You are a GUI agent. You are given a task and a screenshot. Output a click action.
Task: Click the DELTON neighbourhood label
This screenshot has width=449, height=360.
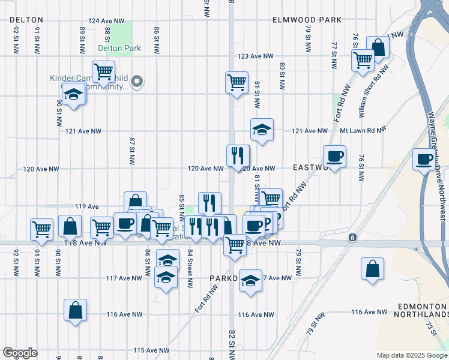[x=25, y=20]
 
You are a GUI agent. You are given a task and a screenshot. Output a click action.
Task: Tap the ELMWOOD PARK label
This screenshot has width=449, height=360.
[x=307, y=20]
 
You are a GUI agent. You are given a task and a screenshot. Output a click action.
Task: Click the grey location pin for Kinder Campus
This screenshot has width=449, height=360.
[x=137, y=82]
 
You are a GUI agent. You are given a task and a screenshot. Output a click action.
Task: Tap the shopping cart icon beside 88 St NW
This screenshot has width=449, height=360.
[x=104, y=71]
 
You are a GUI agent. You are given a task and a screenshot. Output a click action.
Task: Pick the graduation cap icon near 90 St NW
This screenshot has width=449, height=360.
[x=73, y=94]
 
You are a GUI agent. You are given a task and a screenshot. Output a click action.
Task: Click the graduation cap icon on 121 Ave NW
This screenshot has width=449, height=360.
[x=262, y=130]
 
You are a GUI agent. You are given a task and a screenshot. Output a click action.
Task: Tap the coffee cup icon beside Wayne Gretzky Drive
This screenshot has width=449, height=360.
[x=424, y=159]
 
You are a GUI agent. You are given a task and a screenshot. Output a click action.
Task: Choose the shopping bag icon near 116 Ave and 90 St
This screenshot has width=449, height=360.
[x=76, y=310]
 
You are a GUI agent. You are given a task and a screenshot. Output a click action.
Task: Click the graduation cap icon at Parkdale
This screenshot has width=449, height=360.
[x=250, y=280]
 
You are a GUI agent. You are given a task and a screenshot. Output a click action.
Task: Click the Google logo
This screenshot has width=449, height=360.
[x=20, y=353]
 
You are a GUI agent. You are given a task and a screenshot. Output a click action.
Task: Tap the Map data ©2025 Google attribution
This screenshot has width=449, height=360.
[x=411, y=355]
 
